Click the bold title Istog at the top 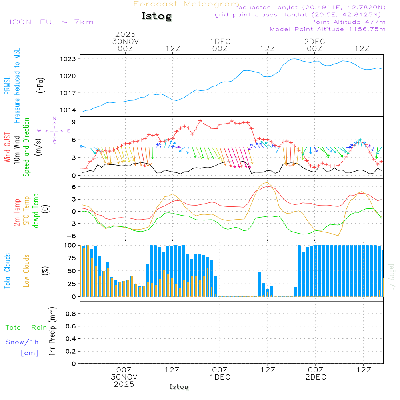click(156, 16)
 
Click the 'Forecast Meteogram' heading click(186, 4)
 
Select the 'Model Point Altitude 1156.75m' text click(328, 29)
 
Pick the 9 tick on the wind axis click(74, 122)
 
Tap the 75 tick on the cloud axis click(71, 258)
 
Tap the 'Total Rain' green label click(26, 328)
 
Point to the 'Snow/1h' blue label click(22, 342)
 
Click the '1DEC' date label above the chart click(220, 42)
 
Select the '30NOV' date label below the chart click(124, 377)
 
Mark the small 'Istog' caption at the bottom click(179, 387)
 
